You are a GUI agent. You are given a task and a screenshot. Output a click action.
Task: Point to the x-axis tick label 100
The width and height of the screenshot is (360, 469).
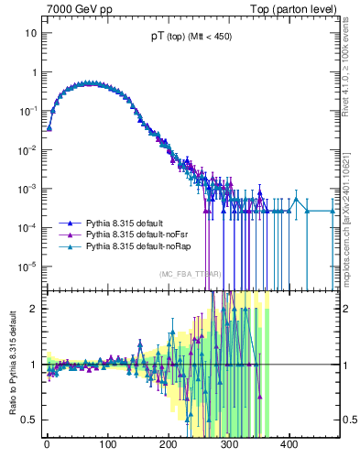107,444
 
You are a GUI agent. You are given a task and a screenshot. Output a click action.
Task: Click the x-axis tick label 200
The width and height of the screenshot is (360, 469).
168,444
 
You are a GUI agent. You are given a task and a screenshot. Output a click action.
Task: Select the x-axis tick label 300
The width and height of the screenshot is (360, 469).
228,444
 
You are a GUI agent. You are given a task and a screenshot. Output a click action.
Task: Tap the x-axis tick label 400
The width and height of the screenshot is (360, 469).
289,444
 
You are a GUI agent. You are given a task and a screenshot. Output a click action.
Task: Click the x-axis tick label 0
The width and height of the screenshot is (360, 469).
47,444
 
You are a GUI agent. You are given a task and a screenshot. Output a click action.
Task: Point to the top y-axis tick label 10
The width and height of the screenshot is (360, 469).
30,33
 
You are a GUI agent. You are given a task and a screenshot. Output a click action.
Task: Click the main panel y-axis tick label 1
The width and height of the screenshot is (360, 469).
33,72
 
